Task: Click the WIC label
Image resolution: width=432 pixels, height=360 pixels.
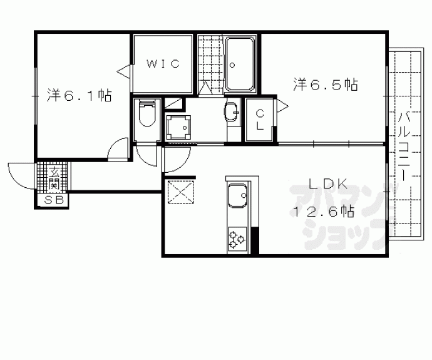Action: [x=163, y=64]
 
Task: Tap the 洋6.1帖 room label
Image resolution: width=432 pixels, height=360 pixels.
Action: [x=80, y=95]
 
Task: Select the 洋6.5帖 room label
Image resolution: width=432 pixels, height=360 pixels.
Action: [x=326, y=85]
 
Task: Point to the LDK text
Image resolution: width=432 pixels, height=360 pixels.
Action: [x=328, y=183]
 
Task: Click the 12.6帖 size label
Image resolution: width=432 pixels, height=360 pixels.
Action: [x=323, y=211]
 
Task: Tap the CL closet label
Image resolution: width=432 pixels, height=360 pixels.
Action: [x=260, y=120]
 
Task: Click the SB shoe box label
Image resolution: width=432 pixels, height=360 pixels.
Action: [x=54, y=200]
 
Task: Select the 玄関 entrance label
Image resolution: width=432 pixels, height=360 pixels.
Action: [x=53, y=178]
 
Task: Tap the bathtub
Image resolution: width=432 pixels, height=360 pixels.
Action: [x=240, y=64]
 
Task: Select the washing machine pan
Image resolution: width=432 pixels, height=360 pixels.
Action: [x=178, y=128]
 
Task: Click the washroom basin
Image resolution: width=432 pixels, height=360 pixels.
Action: [x=232, y=112]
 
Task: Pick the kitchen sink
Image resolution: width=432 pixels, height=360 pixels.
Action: [x=237, y=195]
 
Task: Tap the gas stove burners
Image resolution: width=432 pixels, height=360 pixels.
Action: [x=237, y=239]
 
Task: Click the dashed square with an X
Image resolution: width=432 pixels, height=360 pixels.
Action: [x=181, y=192]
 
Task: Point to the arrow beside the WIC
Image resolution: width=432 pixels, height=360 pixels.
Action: [x=123, y=72]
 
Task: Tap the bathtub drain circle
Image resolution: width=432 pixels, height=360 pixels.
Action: [x=232, y=65]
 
